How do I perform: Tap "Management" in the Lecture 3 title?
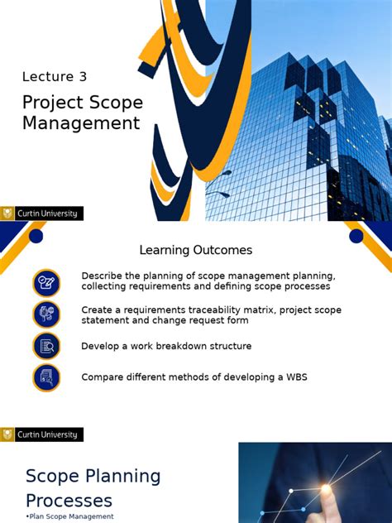pyautogui.click(x=81, y=124)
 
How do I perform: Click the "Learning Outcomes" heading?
pyautogui.click(x=195, y=250)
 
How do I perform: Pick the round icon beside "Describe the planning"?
pyautogui.click(x=46, y=283)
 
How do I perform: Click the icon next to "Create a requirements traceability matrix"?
pyautogui.click(x=46, y=314)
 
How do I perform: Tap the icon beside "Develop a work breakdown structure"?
pyautogui.click(x=46, y=346)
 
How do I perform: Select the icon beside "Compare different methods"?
pyautogui.click(x=46, y=377)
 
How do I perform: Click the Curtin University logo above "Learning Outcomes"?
pyautogui.click(x=41, y=214)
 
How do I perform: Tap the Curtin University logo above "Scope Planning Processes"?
pyautogui.click(x=41, y=434)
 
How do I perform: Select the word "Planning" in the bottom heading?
pyautogui.click(x=122, y=476)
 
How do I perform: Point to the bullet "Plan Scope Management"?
pyautogui.click(x=71, y=516)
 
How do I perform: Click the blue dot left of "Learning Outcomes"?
pyautogui.click(x=36, y=237)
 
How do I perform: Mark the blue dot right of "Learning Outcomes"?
pyautogui.click(x=356, y=237)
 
